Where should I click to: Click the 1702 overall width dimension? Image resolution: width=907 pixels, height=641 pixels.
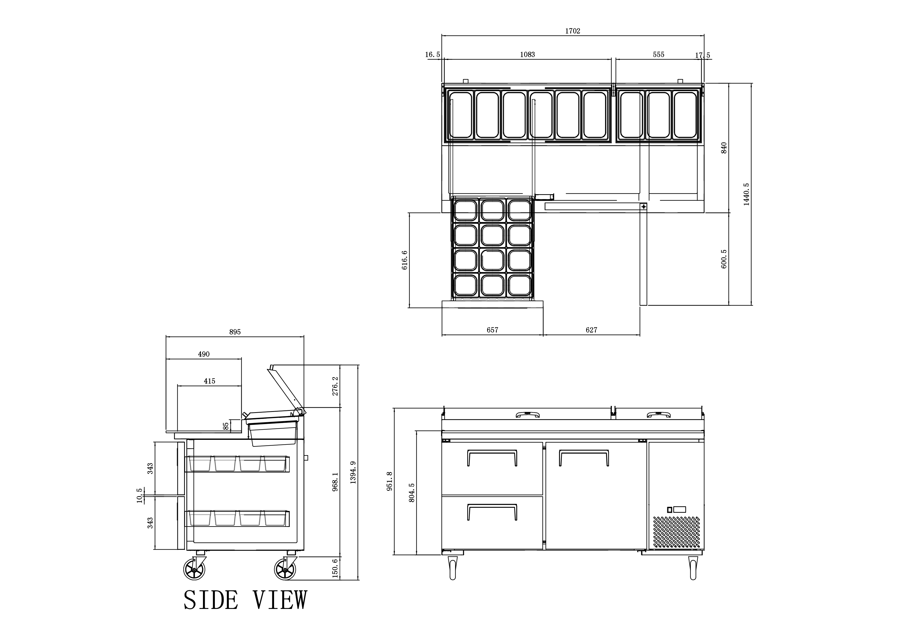click(572, 31)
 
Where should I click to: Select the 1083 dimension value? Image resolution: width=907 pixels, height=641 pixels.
click(527, 55)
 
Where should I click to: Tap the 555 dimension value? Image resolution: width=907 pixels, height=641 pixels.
click(659, 55)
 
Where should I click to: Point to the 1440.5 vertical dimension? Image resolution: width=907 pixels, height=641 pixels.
click(746, 194)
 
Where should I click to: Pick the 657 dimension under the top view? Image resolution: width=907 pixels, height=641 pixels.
click(492, 330)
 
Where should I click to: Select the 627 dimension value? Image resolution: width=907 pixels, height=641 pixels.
click(591, 330)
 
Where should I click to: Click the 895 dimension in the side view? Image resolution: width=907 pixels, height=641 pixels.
click(235, 332)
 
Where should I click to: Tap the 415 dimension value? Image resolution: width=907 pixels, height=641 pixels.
click(209, 381)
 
